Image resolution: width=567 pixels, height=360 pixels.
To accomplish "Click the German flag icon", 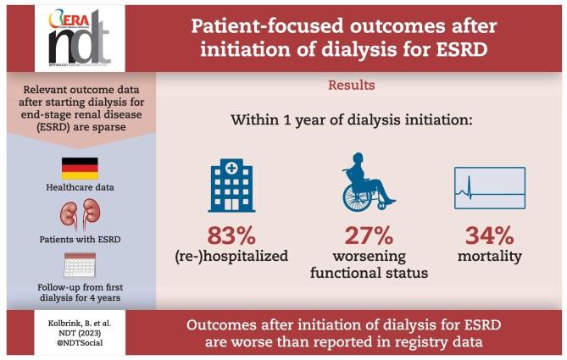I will tap(80, 168).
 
